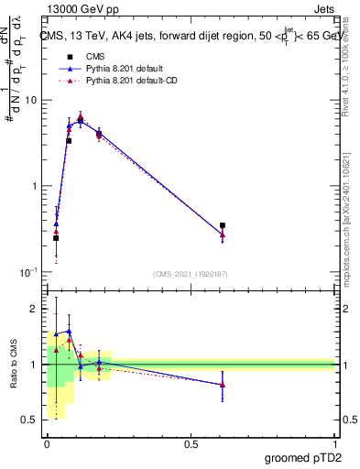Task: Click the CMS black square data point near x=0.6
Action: [x=223, y=225]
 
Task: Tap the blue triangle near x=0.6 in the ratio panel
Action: [x=223, y=385]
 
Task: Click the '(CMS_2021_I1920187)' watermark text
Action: [x=191, y=274]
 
